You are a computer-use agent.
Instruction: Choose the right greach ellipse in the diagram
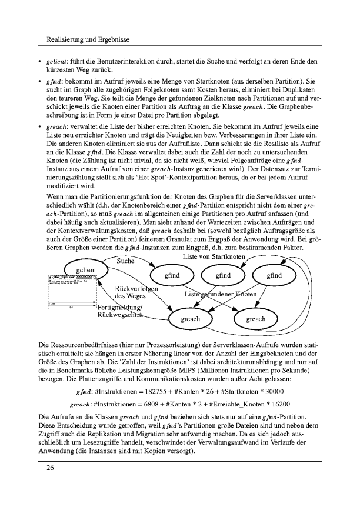255,319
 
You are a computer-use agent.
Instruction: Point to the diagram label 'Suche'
126,261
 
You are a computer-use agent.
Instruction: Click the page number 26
43,469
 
